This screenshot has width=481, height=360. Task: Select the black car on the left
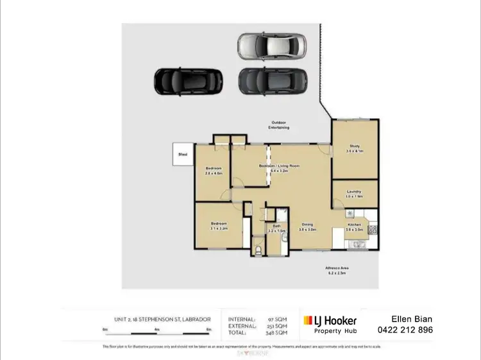(x=188, y=80)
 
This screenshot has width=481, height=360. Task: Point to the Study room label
(x=355, y=148)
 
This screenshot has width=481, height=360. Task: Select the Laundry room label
(x=354, y=193)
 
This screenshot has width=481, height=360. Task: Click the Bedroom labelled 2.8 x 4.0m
(x=213, y=171)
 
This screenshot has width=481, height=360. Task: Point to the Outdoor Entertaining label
(x=280, y=125)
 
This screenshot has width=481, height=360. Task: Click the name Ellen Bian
(x=406, y=319)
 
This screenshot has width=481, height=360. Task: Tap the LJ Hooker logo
(x=330, y=320)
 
